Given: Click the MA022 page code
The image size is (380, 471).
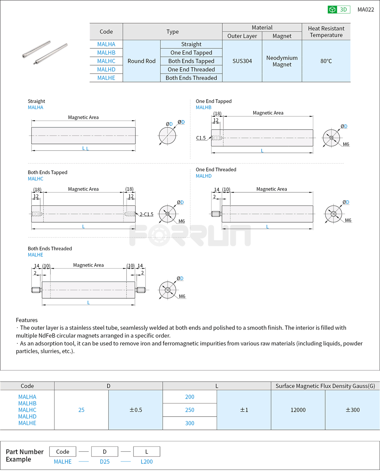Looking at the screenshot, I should coord(366,10).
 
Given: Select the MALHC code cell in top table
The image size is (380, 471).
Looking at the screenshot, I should coord(106,61).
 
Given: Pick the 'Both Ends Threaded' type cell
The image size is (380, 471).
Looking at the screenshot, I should coord(191,78).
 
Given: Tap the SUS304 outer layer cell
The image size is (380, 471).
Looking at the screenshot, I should coord(242,61).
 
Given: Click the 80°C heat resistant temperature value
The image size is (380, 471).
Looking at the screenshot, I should coord(326,61).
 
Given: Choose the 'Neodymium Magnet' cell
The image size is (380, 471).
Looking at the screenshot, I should coord(282,61).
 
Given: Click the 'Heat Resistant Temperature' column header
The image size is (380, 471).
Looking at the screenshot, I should coord(326,32).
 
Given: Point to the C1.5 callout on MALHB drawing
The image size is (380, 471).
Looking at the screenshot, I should coord(201,138).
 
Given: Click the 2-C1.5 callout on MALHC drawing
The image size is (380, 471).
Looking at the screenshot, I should coord(146,214).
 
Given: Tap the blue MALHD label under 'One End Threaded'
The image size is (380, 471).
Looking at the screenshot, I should coord(204,176).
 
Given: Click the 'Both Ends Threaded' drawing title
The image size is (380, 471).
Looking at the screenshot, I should coord(50,248).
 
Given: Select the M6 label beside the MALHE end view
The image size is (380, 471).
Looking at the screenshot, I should coord(182,296).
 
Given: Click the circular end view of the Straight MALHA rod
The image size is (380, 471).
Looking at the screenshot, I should coord(167,136).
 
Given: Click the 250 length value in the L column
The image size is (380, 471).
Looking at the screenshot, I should coord(190,410).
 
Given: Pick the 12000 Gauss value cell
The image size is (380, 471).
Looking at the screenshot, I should coord(298,410).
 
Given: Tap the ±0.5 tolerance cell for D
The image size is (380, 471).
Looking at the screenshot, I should coord(135,410).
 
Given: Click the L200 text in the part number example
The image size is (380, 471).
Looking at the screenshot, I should coord(146,462).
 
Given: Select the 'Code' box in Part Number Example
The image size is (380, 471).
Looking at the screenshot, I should coord(63,451).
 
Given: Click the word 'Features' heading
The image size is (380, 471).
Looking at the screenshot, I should coord(27,320).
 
